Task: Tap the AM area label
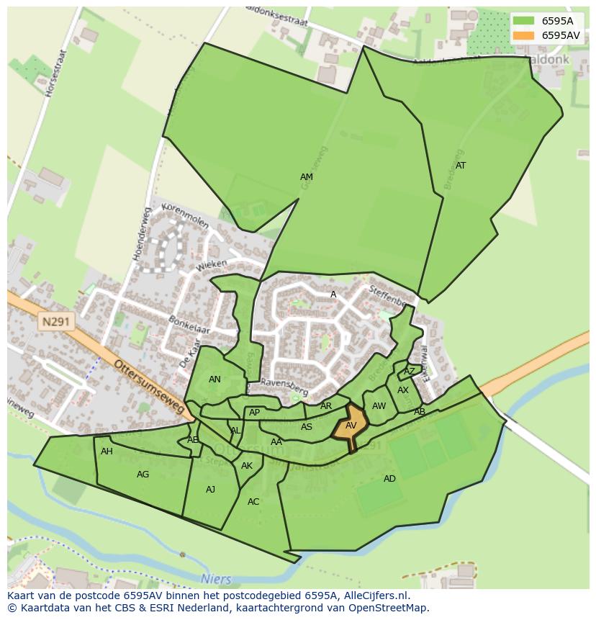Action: pyautogui.click(x=307, y=177)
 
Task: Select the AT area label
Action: pyautogui.click(x=461, y=166)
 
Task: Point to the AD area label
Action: pyautogui.click(x=389, y=479)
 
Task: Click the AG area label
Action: pyautogui.click(x=143, y=475)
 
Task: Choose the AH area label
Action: pyautogui.click(x=107, y=451)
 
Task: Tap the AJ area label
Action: pyautogui.click(x=210, y=490)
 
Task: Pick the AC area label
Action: pyautogui.click(x=253, y=502)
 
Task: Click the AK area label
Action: pyautogui.click(x=247, y=466)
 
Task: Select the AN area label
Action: pyautogui.click(x=215, y=379)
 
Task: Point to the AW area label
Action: pyautogui.click(x=379, y=406)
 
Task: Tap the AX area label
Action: pyautogui.click(x=403, y=390)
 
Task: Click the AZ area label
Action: pyautogui.click(x=410, y=372)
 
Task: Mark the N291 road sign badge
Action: pyautogui.click(x=55, y=322)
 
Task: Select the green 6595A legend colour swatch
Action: pyautogui.click(x=524, y=21)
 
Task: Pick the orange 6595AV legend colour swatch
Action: pyautogui.click(x=524, y=35)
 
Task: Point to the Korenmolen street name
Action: pyautogui.click(x=185, y=215)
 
